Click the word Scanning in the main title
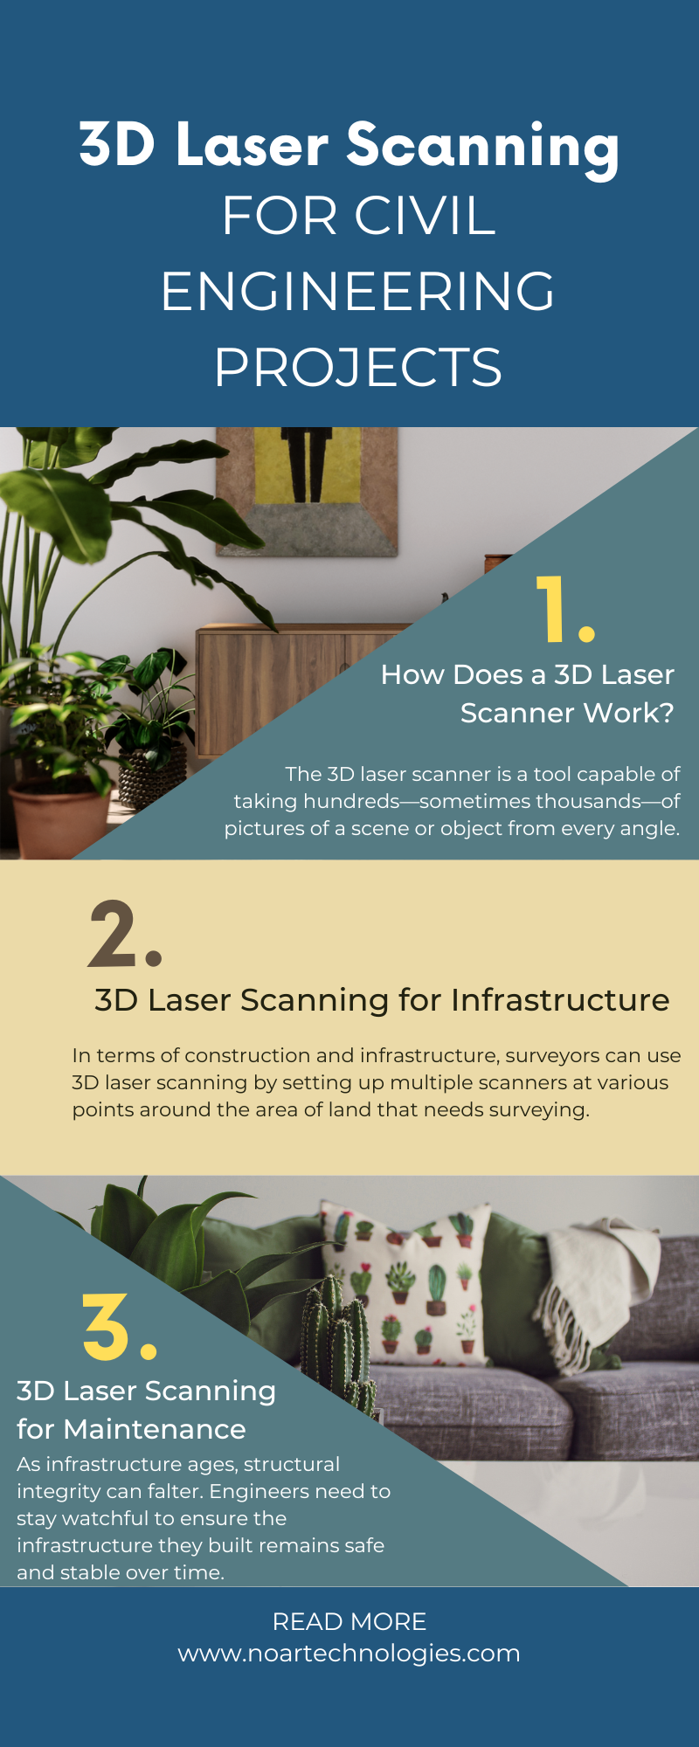(482, 145)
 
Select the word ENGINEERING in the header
(357, 291)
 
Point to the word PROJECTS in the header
(357, 367)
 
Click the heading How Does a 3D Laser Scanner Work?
(528, 694)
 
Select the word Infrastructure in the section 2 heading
(560, 1000)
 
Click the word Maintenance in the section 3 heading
(155, 1429)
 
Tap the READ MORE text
(349, 1621)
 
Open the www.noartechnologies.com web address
(349, 1653)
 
